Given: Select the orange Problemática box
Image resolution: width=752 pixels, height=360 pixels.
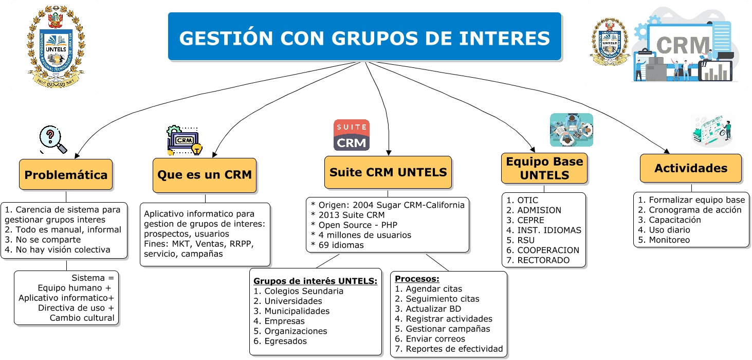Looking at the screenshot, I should pos(66,175).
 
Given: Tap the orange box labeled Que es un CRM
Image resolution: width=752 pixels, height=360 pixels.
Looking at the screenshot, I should pos(205,175).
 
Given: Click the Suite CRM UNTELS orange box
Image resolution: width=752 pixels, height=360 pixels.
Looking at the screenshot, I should pos(388,172).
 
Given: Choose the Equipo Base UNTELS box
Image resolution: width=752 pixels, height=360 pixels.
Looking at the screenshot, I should pos(544,168).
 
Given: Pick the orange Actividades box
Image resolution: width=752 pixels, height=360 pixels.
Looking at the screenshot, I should pos(690,168).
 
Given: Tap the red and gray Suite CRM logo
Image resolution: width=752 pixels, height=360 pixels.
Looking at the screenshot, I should pos(352,135).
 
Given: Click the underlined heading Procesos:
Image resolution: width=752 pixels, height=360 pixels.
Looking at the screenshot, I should pos(417,279).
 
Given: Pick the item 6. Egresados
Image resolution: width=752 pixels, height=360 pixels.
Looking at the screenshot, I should pos(280,341).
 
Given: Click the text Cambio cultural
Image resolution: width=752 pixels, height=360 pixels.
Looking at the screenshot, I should pos(82,318).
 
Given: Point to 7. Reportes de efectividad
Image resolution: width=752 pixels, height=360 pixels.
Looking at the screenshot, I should pos(449,349).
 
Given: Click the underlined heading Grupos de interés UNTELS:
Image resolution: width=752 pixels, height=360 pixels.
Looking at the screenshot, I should pos(315,281).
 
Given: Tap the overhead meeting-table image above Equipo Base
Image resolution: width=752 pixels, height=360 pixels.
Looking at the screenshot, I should pos(571,130).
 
